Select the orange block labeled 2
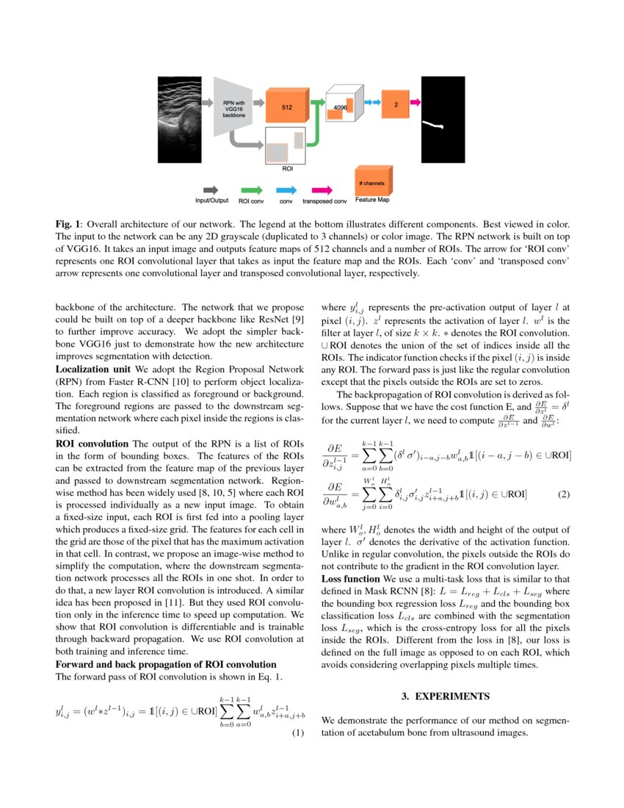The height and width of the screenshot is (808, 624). (396, 105)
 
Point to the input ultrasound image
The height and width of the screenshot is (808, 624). (179, 120)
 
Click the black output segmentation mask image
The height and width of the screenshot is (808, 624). (440, 120)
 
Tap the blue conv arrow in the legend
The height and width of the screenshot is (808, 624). (286, 189)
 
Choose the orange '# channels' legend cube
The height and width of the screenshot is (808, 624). (372, 181)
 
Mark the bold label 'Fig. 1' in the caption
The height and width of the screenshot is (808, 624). (68, 223)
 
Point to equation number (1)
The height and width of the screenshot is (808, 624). (298, 733)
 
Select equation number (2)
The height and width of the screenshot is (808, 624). (563, 494)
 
